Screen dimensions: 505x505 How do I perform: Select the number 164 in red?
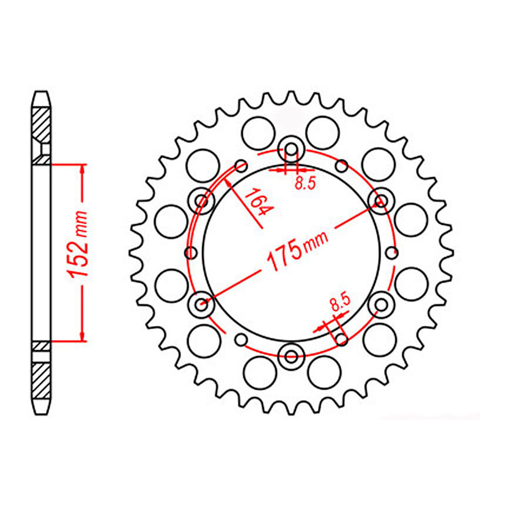pos(256,202)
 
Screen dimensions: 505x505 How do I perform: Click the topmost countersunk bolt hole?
pos(292,149)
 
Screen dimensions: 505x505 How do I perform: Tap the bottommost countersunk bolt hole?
pos(292,356)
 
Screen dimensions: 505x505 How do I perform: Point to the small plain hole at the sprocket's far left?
pos(191,252)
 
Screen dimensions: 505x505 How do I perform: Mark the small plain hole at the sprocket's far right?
pos(392,252)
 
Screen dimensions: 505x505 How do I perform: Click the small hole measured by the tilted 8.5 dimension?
pos(342,340)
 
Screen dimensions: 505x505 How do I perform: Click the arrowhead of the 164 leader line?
pos(228,182)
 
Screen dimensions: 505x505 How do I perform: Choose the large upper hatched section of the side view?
pos(42,125)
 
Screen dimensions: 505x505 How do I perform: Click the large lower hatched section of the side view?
pos(42,380)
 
